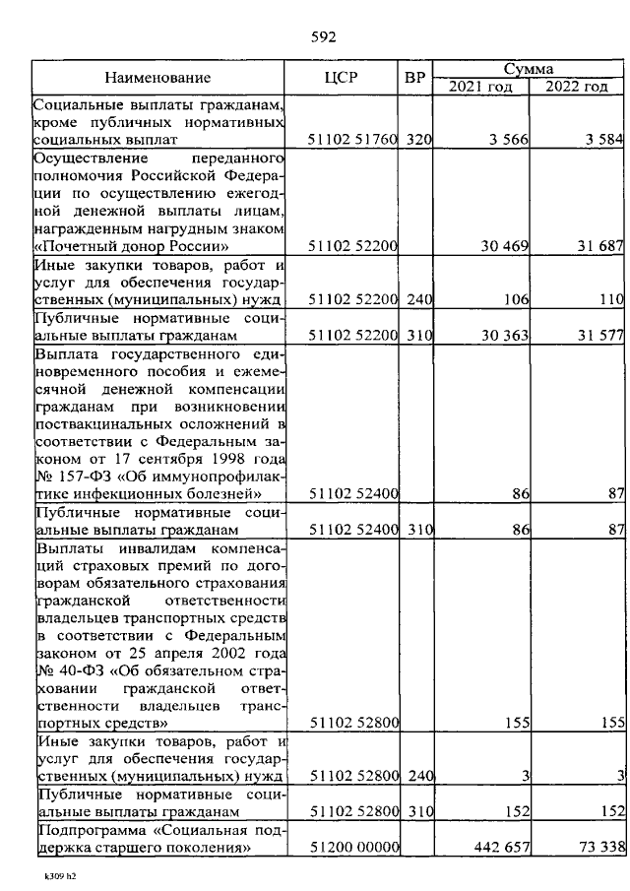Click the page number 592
click(x=324, y=37)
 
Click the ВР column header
click(x=415, y=78)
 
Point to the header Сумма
click(x=529, y=69)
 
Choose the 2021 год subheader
click(x=480, y=87)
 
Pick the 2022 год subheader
click(x=577, y=87)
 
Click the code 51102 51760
click(x=351, y=140)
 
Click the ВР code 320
click(x=419, y=140)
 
